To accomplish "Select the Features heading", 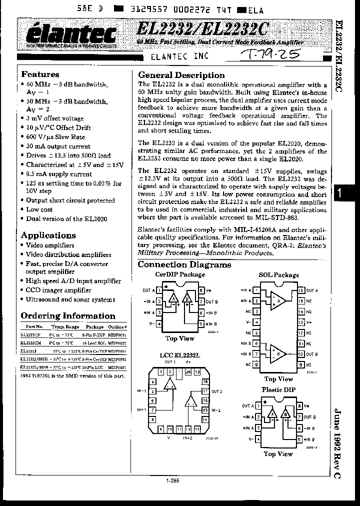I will [40, 74].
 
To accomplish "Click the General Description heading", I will [181, 75].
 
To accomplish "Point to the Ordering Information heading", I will [67, 315].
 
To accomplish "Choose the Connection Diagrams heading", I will [184, 264].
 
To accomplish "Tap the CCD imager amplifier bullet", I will [58, 290].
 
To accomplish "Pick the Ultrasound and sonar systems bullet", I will [70, 299].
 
